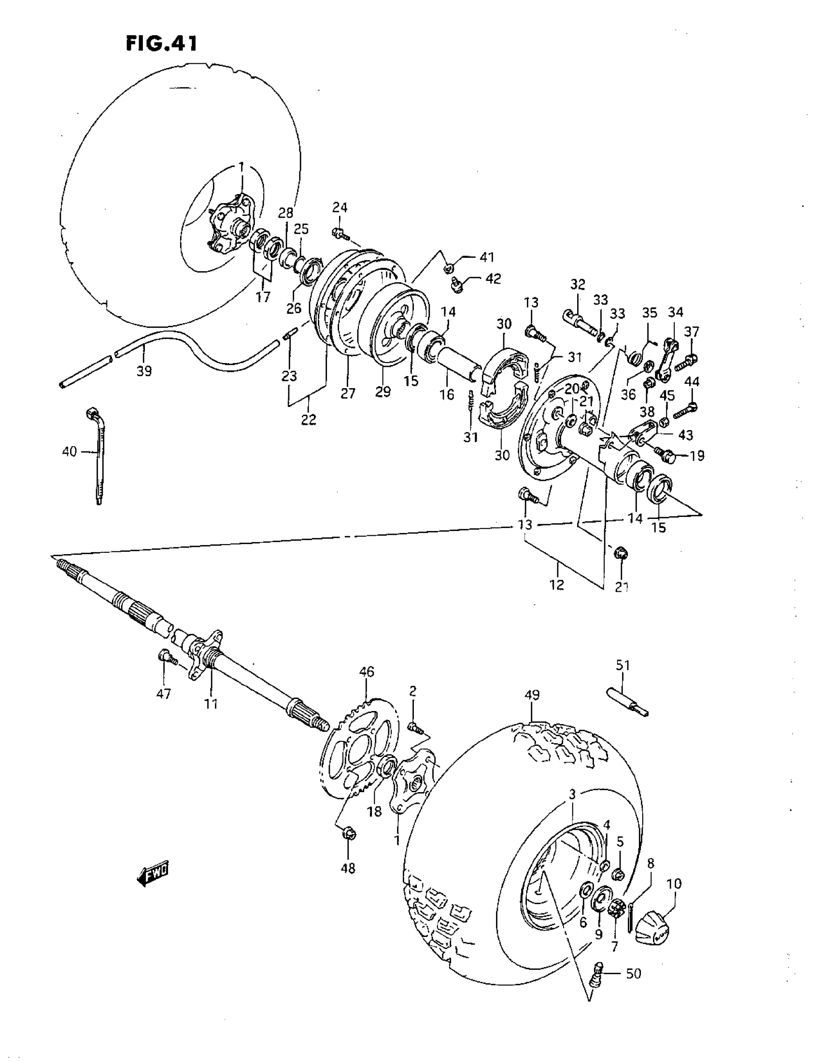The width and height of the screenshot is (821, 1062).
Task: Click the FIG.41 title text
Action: tap(161, 43)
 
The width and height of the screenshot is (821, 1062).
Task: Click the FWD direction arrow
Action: tap(152, 875)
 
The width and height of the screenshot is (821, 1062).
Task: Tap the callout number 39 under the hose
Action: tap(144, 371)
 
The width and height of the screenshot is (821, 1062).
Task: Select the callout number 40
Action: tap(70, 451)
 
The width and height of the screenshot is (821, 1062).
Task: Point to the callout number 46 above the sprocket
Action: tap(367, 671)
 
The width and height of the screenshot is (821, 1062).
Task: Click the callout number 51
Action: tap(623, 665)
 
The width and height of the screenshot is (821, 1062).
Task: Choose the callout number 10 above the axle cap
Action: tap(674, 883)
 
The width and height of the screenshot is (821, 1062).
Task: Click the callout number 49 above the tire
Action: tap(532, 695)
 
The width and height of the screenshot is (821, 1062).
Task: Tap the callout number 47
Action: tap(163, 694)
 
